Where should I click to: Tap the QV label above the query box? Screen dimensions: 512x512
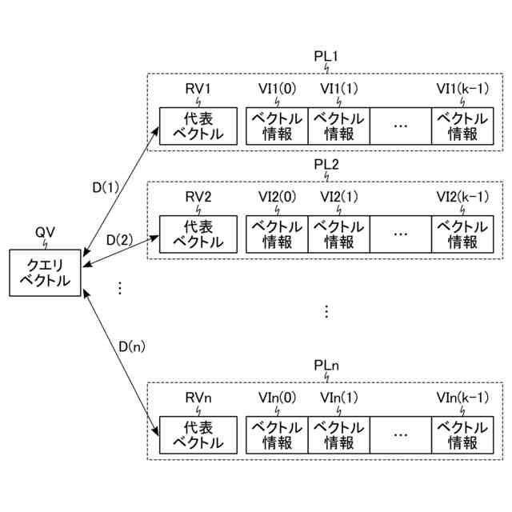[x=45, y=232]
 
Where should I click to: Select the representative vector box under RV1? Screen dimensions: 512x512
[x=198, y=126]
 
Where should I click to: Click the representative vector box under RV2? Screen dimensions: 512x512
[x=198, y=232]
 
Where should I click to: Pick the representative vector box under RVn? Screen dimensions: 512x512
[x=198, y=434]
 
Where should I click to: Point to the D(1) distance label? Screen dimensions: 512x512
[x=105, y=189]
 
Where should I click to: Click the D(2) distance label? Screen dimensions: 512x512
[x=120, y=240]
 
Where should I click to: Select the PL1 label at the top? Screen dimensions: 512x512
[x=326, y=58]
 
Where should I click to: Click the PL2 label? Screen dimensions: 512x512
[x=326, y=164]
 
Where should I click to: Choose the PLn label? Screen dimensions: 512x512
[x=326, y=366]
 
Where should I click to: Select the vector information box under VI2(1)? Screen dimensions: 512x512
[x=338, y=232]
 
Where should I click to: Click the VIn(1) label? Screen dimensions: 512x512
[x=338, y=398]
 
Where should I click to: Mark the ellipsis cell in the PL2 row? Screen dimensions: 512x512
[x=400, y=232]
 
